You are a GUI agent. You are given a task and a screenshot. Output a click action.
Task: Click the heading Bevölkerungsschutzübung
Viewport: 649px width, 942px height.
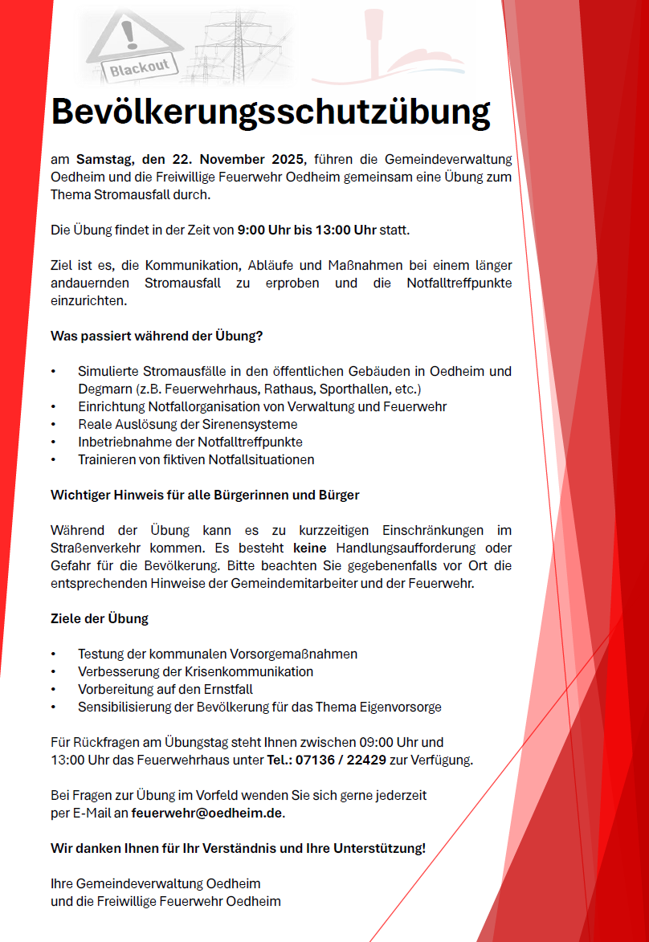pyautogui.click(x=271, y=112)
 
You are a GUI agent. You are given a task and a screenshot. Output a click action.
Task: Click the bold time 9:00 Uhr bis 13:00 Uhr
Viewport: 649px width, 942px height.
pyautogui.click(x=306, y=230)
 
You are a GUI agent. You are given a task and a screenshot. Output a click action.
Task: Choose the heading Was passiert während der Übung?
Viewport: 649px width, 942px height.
pyautogui.click(x=157, y=336)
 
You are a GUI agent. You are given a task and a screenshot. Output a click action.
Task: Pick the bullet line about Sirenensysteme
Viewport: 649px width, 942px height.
pyautogui.click(x=187, y=424)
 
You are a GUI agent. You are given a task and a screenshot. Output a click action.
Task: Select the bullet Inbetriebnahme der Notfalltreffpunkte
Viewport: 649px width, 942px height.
pyautogui.click(x=190, y=442)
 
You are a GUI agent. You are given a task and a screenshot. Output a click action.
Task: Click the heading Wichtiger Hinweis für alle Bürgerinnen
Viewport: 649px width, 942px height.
pyautogui.click(x=205, y=495)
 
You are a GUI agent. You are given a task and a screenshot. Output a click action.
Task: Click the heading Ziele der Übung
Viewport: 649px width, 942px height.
pyautogui.click(x=100, y=619)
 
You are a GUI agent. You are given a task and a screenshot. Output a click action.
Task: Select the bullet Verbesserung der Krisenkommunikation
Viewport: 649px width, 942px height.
pyautogui.click(x=195, y=671)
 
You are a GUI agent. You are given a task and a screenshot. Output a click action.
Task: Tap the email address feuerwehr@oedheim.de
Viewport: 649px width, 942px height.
pyautogui.click(x=207, y=813)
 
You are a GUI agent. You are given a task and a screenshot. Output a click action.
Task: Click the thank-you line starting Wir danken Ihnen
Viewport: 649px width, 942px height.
pyautogui.click(x=238, y=848)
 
